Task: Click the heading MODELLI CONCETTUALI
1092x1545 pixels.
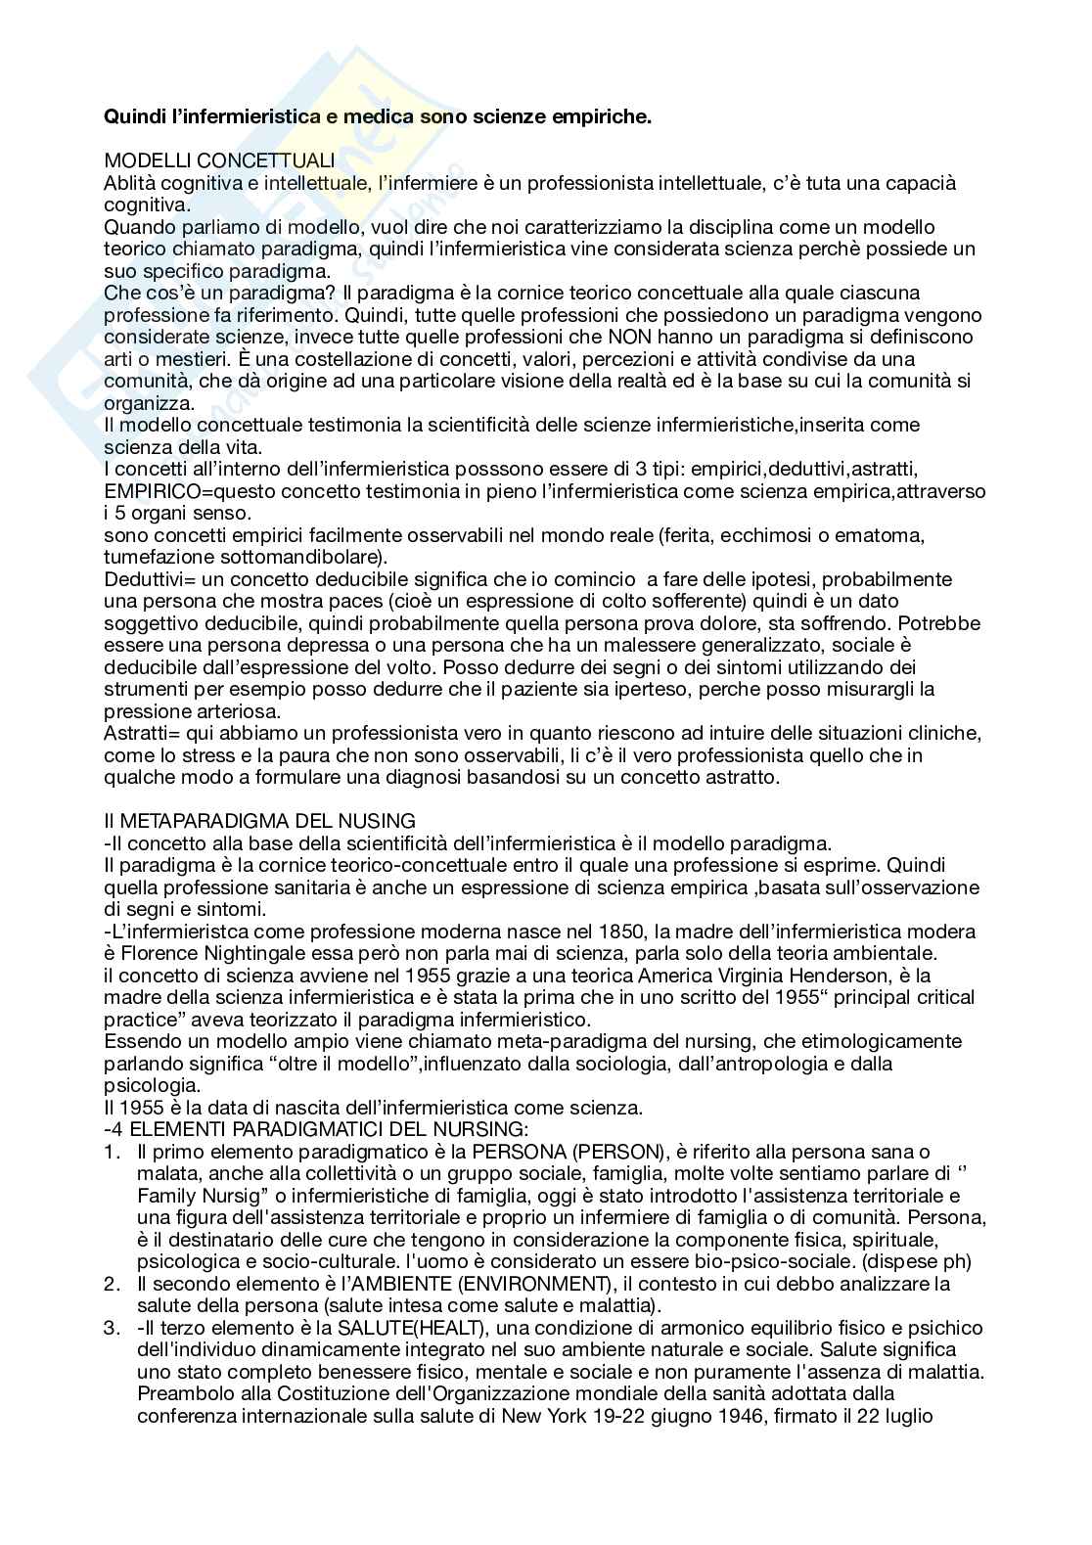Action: tap(219, 160)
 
